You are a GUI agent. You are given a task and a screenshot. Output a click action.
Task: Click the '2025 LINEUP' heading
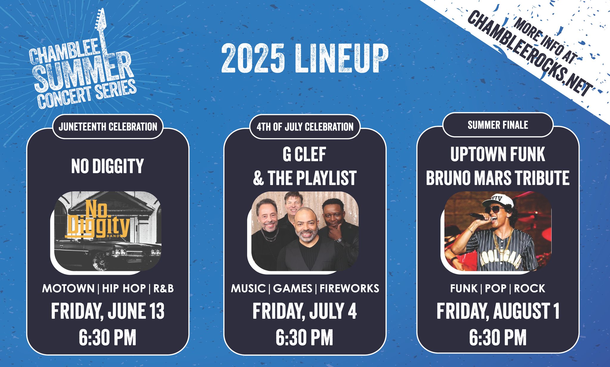(x=305, y=58)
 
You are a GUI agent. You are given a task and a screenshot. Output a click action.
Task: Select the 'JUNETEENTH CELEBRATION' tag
(x=108, y=127)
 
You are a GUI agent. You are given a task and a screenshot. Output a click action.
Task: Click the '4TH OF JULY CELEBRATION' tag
(x=305, y=127)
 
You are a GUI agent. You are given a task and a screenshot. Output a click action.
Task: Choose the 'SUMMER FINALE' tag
(x=498, y=125)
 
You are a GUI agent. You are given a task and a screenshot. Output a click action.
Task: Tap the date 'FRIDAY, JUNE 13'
(x=108, y=311)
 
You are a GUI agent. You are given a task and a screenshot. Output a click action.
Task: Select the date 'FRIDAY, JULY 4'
(x=305, y=311)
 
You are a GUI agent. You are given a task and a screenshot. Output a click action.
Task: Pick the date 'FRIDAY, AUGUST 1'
(x=498, y=311)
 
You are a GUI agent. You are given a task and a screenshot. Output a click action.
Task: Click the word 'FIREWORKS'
(x=349, y=288)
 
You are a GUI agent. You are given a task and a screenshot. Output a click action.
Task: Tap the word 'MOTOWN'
(x=69, y=288)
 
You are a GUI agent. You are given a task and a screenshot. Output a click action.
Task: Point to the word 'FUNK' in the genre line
(x=464, y=288)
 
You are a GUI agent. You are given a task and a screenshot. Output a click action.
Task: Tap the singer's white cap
(x=498, y=201)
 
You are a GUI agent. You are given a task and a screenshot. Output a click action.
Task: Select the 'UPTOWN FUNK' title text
(x=498, y=154)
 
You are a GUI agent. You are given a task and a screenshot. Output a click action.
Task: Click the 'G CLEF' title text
(x=304, y=154)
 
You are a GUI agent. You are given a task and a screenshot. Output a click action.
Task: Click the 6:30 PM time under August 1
(x=498, y=338)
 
